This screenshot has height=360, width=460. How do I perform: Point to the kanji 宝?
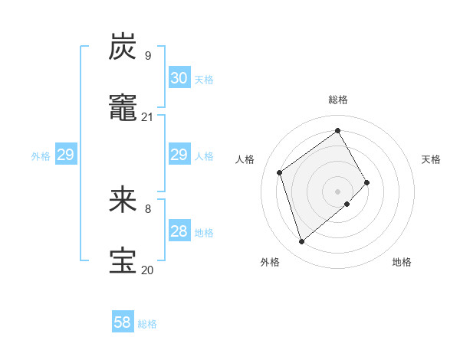(x=123, y=260)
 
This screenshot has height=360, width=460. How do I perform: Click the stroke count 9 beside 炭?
(x=148, y=56)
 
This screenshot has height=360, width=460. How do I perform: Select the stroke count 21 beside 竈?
(x=147, y=117)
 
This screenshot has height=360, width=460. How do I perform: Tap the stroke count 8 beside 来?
(x=148, y=208)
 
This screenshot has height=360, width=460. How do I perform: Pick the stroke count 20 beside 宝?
(x=147, y=270)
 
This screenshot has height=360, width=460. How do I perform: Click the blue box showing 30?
(x=179, y=78)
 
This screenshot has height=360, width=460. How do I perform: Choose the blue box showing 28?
(x=179, y=231)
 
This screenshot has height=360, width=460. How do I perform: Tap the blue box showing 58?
(x=123, y=322)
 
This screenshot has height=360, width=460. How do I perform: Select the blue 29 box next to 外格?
(x=65, y=155)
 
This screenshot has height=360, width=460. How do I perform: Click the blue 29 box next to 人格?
(x=179, y=155)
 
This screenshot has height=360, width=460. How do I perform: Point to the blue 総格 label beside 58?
(x=147, y=324)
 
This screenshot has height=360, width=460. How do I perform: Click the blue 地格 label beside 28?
(x=204, y=233)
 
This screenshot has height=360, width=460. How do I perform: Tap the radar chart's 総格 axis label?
(x=338, y=100)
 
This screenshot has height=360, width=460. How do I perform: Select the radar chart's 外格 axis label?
(x=270, y=262)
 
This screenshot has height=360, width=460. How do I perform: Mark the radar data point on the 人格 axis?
(x=280, y=172)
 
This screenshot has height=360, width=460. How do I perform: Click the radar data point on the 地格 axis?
(x=347, y=204)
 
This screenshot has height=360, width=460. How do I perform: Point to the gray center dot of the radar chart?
(x=337, y=191)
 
